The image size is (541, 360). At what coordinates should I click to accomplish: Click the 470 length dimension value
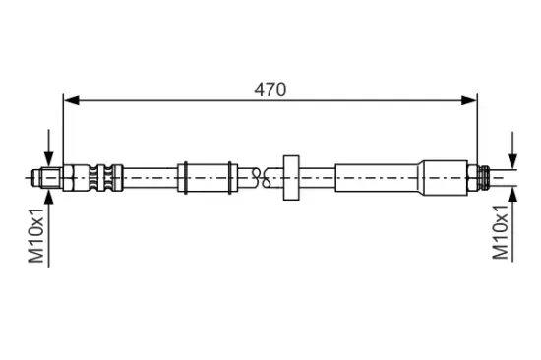(270, 90)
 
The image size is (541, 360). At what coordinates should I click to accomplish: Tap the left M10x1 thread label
(36, 235)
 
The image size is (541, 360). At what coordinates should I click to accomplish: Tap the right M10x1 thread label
(501, 232)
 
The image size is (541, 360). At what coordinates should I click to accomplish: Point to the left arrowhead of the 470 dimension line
(72, 100)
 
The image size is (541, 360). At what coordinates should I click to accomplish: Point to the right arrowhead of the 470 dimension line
(469, 100)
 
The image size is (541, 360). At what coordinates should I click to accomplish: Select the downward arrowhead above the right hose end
(513, 161)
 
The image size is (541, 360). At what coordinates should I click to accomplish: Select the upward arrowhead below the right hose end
(513, 195)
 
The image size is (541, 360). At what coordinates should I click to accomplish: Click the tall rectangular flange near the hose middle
(291, 177)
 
